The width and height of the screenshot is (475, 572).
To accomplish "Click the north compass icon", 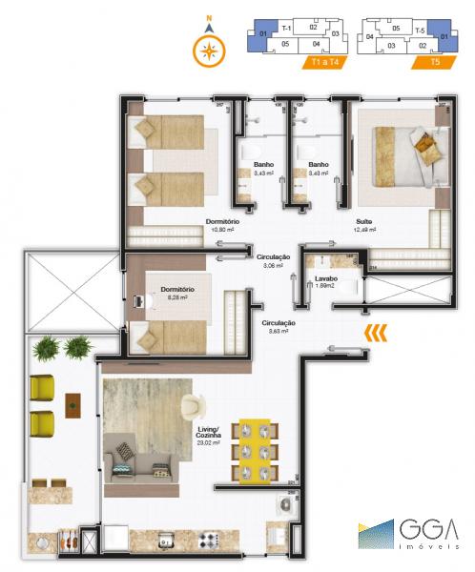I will [x=207, y=49].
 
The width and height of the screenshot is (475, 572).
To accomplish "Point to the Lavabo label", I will [x=327, y=280].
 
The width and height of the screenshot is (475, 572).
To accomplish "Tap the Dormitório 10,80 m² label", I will [x=220, y=226].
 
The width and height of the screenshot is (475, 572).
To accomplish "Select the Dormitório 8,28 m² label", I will [x=177, y=293].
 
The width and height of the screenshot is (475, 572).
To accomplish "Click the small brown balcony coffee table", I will [x=73, y=404].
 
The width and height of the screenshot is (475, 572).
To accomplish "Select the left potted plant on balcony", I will [x=46, y=350].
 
